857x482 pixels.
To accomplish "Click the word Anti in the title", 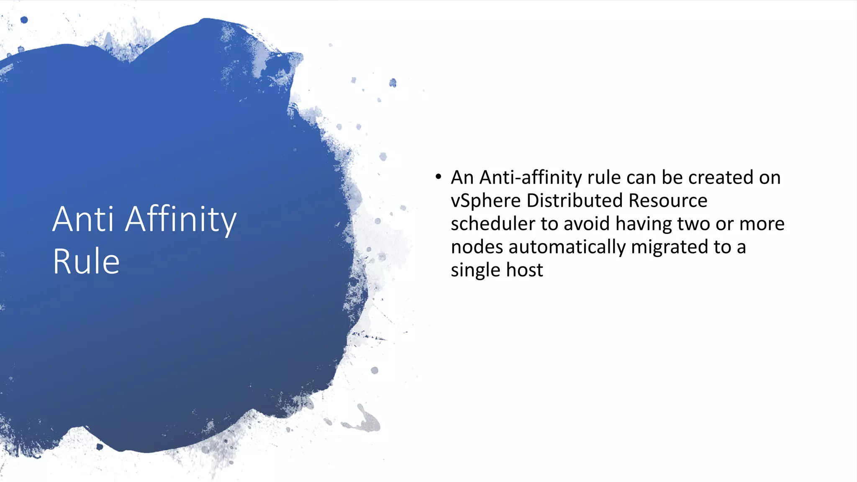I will pyautogui.click(x=83, y=219).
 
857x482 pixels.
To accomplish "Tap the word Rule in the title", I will pyautogui.click(x=86, y=262).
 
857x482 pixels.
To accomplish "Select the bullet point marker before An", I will pyautogui.click(x=438, y=177).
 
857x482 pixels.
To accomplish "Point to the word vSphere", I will pyautogui.click(x=485, y=201).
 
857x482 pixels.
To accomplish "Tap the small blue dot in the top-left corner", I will pyautogui.click(x=24, y=20).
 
